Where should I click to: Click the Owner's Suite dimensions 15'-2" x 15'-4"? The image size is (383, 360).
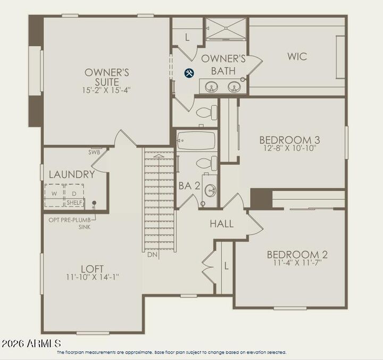(x=107, y=90)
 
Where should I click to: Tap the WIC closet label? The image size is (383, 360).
(x=297, y=56)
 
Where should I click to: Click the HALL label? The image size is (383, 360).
(x=221, y=224)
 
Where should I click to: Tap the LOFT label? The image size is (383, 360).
(x=92, y=268)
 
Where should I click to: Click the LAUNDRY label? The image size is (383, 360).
(x=72, y=174)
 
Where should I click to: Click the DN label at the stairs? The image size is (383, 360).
(x=152, y=254)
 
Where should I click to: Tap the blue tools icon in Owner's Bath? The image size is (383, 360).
(x=189, y=73)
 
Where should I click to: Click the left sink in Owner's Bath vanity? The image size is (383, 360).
(x=211, y=87)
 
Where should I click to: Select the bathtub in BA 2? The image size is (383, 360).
(x=196, y=141)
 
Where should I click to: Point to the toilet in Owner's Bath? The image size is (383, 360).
(x=206, y=112)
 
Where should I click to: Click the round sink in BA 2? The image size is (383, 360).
(x=210, y=190)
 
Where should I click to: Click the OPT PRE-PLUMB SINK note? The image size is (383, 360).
(x=70, y=223)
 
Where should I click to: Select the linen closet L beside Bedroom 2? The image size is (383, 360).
(x=225, y=265)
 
